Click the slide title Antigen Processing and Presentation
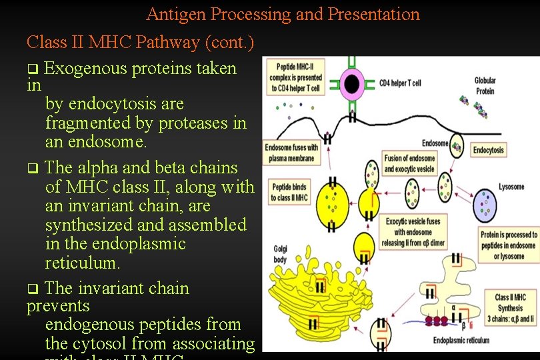pos(283,14)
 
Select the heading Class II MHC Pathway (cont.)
pos(140,43)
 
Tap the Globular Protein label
pos(485,85)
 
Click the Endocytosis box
pos(489,150)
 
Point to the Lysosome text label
pos(511,187)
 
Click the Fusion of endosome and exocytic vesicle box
pos(409,163)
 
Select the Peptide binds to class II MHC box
pos(289,193)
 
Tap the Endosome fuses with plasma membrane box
pos(289,153)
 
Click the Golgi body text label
pos(281,253)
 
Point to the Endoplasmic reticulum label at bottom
pos(461,340)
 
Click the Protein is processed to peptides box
pos(508,245)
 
